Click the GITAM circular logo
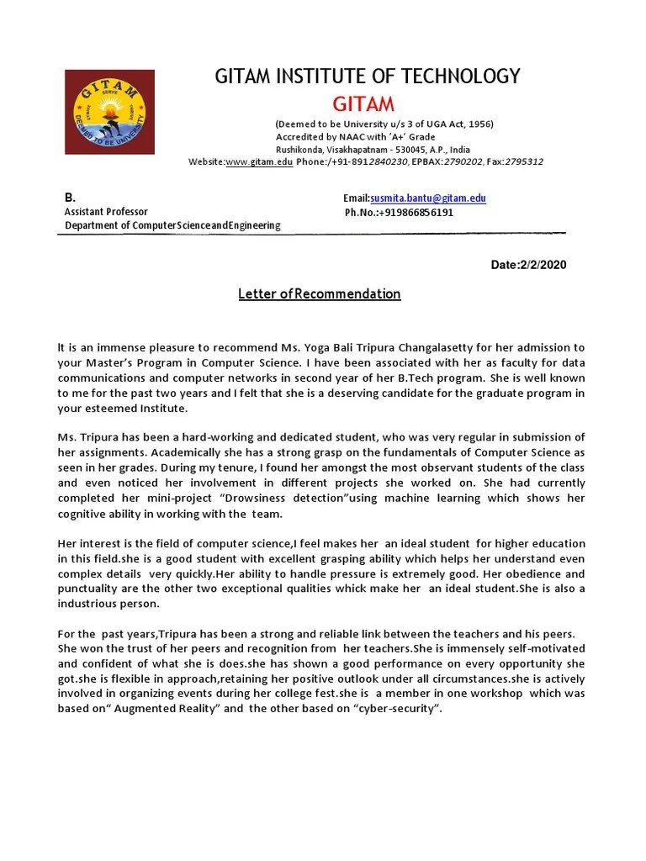point(109,111)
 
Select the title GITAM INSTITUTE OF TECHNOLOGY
point(368,77)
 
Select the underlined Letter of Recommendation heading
point(319,293)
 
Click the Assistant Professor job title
point(106,212)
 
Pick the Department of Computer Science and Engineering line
point(172,225)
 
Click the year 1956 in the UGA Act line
point(478,124)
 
